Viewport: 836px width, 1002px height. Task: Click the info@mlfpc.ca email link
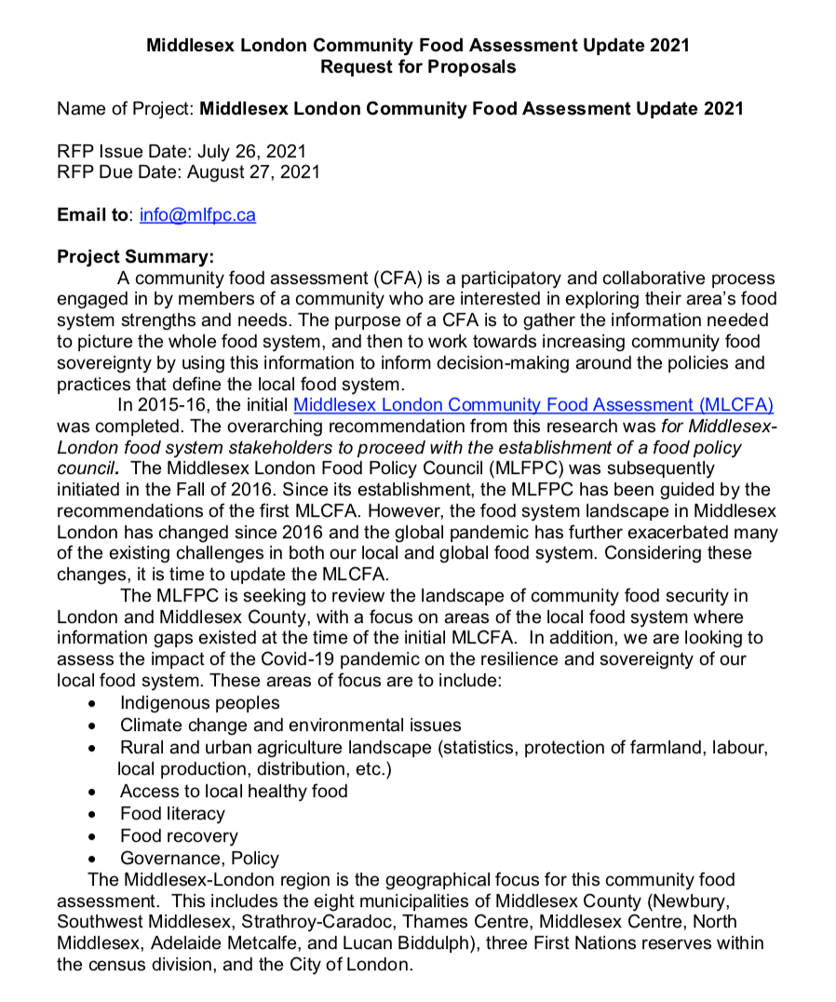point(197,215)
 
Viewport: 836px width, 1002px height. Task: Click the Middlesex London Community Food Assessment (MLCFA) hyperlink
point(533,405)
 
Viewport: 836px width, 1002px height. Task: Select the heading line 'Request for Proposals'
point(418,66)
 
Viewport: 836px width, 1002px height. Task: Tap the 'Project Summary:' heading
point(135,256)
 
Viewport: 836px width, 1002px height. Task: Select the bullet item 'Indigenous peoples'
point(199,703)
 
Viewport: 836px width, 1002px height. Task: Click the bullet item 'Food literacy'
point(172,814)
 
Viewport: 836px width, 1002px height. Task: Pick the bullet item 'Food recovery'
point(179,836)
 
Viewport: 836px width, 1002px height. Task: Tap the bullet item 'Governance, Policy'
point(199,859)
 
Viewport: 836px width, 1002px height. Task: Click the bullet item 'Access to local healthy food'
point(234,792)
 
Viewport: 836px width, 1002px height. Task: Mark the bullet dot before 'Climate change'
point(92,725)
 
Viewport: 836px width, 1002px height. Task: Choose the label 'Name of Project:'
point(127,108)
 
